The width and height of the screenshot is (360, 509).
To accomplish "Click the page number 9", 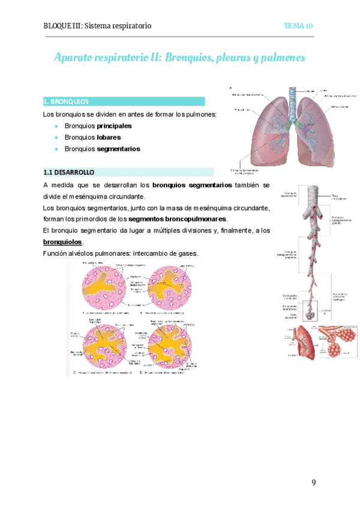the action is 313,483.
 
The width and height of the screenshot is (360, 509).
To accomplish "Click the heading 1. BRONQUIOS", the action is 67,101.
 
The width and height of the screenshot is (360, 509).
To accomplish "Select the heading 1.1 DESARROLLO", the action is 69,172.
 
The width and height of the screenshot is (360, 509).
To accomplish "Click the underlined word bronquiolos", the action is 62,241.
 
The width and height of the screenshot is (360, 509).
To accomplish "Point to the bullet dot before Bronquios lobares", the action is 56,137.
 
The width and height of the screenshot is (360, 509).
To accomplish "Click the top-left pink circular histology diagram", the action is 106,288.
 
